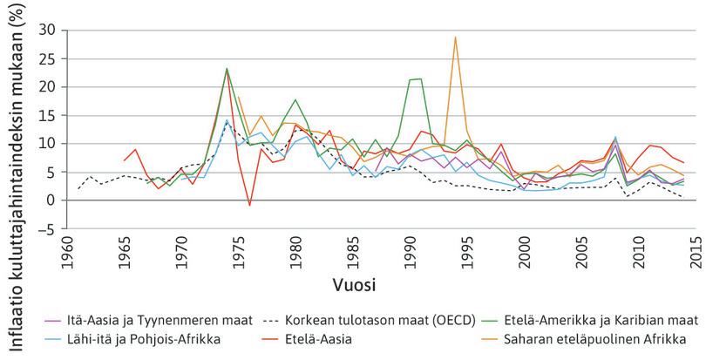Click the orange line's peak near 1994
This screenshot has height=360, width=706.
[455, 37]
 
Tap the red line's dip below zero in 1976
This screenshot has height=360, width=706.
[249, 206]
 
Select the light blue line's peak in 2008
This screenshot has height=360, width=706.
[615, 137]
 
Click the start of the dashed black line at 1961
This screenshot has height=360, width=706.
[79, 188]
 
